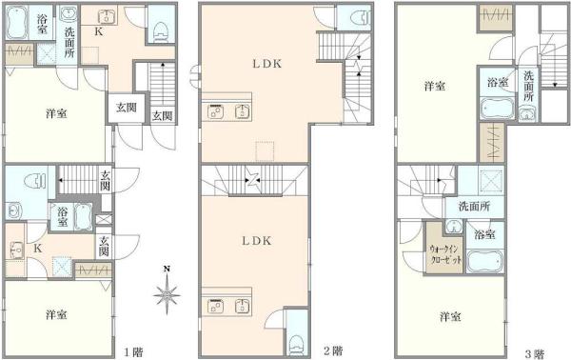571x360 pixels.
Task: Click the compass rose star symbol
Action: [x=167, y=293]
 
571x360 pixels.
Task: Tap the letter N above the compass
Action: [x=167, y=270]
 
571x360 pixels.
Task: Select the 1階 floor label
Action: [x=133, y=352]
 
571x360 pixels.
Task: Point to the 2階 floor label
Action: [x=333, y=350]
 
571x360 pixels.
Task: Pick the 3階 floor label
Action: [x=534, y=353]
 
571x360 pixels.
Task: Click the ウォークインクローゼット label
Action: [x=445, y=254]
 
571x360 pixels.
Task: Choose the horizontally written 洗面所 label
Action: [x=474, y=207]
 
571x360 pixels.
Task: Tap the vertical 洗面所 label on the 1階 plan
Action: [x=69, y=42]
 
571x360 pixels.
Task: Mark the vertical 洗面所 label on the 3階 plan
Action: [x=528, y=87]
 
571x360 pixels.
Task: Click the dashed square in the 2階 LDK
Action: [x=266, y=151]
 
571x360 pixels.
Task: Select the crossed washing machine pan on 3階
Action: [x=490, y=180]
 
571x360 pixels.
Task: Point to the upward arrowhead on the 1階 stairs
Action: [x=163, y=65]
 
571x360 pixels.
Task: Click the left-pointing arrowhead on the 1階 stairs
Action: [x=59, y=180]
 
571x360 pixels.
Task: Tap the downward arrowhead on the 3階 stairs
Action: [x=555, y=85]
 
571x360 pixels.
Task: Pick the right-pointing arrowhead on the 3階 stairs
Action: [x=439, y=180]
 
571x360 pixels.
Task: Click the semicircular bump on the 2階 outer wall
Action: [x=195, y=76]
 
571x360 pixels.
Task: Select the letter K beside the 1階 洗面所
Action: [x=99, y=32]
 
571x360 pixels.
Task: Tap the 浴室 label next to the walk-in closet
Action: [x=484, y=234]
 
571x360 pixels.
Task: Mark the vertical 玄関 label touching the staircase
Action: [x=106, y=180]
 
